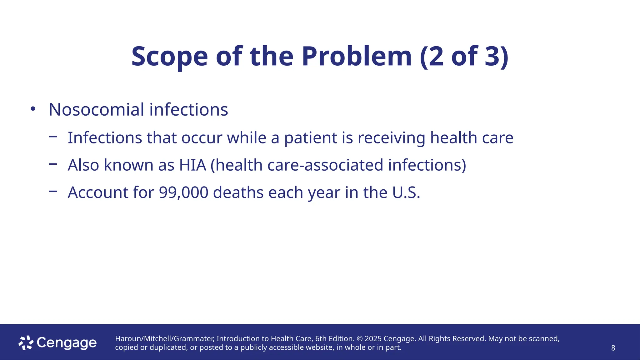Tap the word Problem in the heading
point(357,57)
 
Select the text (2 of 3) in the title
point(464,57)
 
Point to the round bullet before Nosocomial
point(33,109)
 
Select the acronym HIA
point(192,165)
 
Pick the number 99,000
point(183,192)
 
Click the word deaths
point(238,192)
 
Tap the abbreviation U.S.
point(406,192)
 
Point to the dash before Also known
point(53,163)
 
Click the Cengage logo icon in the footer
point(26,343)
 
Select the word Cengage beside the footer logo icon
point(67,343)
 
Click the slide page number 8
point(613,348)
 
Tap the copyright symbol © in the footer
point(359,339)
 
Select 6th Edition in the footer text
point(334,339)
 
